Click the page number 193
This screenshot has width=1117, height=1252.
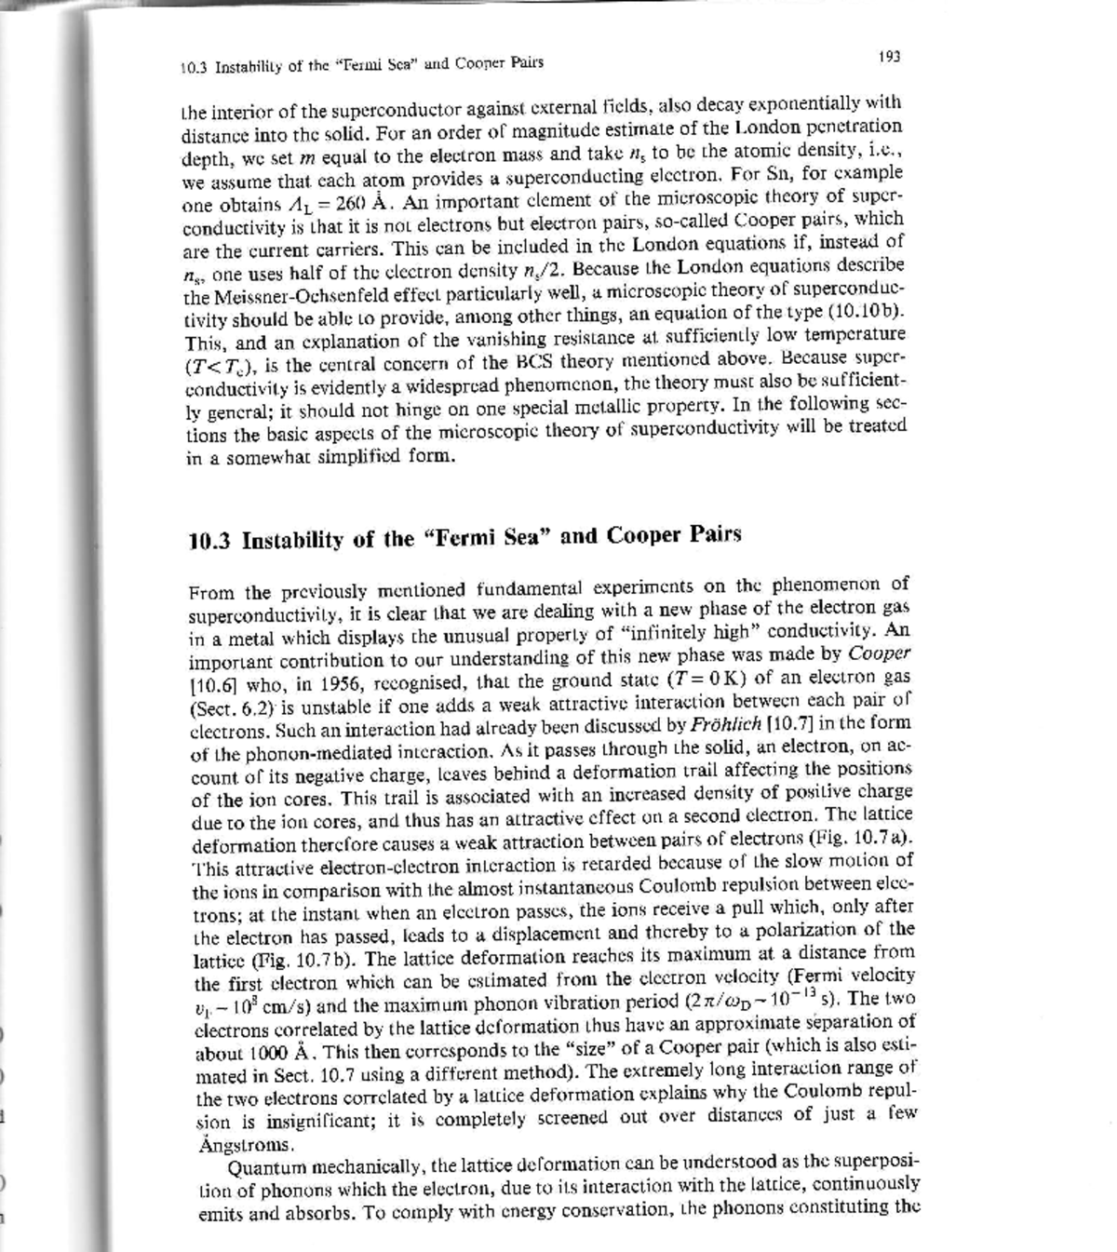tap(889, 57)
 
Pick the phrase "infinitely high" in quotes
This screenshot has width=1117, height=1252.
tap(694, 632)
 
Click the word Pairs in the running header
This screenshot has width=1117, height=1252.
tap(525, 63)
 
